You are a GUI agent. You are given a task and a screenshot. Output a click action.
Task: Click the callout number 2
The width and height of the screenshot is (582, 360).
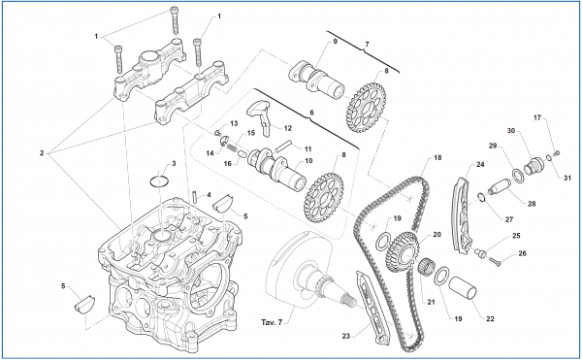pyautogui.click(x=42, y=153)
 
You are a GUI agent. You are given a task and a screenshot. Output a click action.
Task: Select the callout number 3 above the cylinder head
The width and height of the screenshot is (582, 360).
pyautogui.click(x=173, y=164)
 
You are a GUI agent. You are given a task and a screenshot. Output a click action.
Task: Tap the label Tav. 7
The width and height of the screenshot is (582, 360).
pyautogui.click(x=272, y=321)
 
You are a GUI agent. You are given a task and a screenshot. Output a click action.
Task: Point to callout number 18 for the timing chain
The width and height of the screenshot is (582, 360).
pyautogui.click(x=437, y=157)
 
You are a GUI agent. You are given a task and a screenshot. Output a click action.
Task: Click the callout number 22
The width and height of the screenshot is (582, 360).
pyautogui.click(x=490, y=319)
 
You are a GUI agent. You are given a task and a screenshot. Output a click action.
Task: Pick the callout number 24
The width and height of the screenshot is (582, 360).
pyautogui.click(x=478, y=164)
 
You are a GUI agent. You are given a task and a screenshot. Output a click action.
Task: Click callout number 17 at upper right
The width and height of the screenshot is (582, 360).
pyautogui.click(x=537, y=119)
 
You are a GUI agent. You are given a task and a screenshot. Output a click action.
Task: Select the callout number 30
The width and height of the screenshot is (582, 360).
pyautogui.click(x=510, y=131)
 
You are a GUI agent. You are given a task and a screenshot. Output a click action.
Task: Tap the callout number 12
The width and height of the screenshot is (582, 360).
pyautogui.click(x=288, y=127)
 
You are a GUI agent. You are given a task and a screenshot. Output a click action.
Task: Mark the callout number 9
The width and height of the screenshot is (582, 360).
pyautogui.click(x=334, y=43)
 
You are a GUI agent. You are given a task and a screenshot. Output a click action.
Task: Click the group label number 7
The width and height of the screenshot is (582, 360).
pyautogui.click(x=367, y=45)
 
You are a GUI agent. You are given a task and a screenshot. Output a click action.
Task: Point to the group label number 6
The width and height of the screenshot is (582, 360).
pyautogui.click(x=313, y=114)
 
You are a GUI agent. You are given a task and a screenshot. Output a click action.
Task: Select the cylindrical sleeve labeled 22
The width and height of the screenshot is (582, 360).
pyautogui.click(x=463, y=292)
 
